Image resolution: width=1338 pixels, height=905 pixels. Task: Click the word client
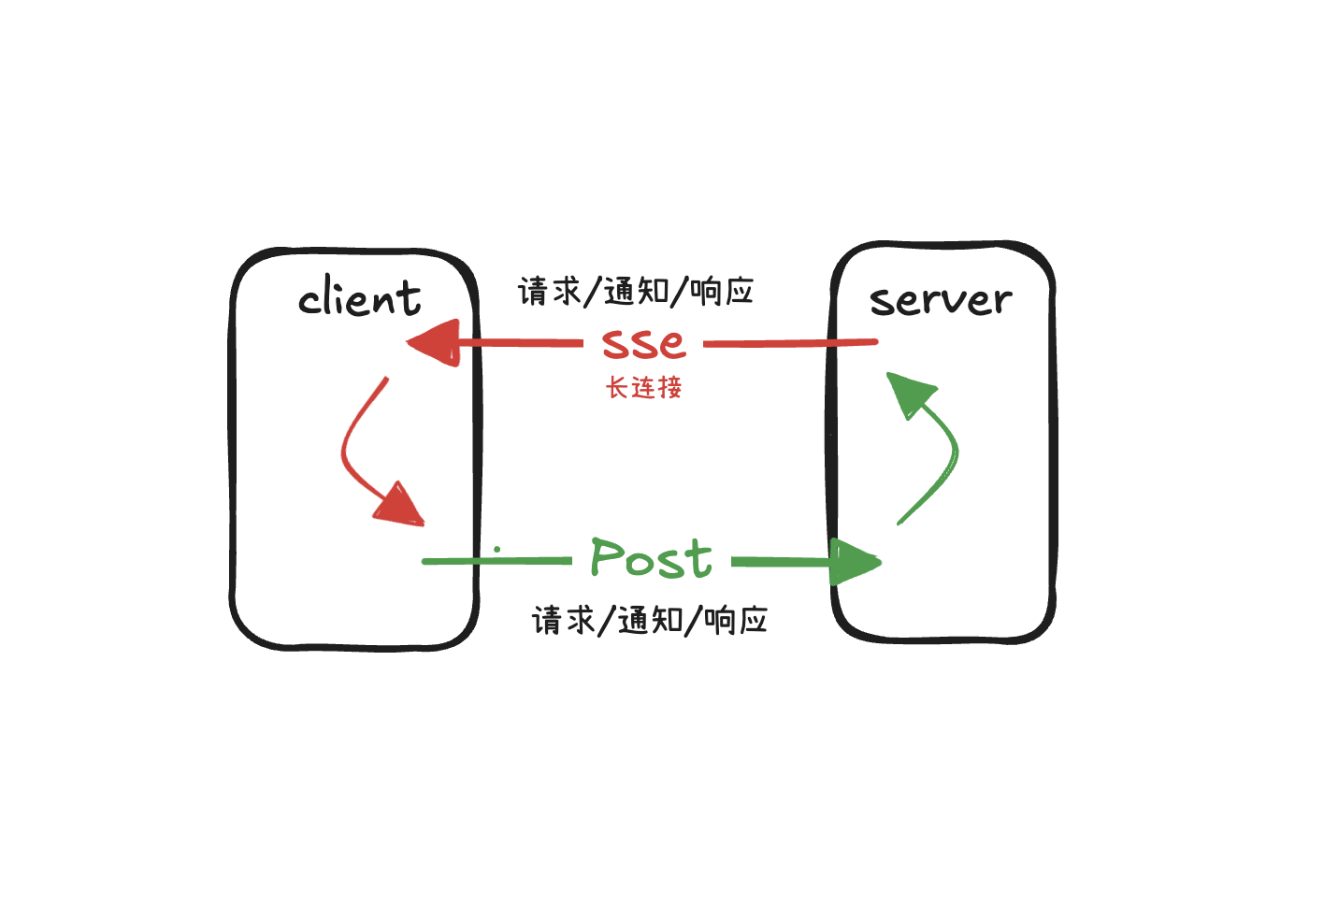click(x=360, y=298)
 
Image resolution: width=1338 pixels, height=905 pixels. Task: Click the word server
click(x=941, y=300)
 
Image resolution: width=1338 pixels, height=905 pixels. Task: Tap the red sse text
click(x=643, y=342)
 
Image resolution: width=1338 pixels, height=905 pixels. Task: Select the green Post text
click(x=651, y=558)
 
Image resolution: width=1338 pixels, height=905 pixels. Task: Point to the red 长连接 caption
click(x=644, y=387)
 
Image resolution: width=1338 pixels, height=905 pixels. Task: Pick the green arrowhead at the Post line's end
click(x=854, y=562)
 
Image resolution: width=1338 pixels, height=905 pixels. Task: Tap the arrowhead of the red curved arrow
click(x=400, y=506)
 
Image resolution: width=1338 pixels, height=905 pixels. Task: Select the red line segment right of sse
click(x=790, y=343)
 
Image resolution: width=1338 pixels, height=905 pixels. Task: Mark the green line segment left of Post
click(x=496, y=561)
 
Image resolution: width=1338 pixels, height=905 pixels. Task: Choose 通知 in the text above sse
click(x=637, y=292)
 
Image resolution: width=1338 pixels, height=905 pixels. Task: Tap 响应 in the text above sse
click(x=722, y=292)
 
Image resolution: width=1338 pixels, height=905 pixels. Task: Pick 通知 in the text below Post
click(x=651, y=620)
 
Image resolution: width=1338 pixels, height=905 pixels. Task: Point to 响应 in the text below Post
click(x=736, y=620)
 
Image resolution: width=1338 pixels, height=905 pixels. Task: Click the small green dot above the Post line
click(x=497, y=550)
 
